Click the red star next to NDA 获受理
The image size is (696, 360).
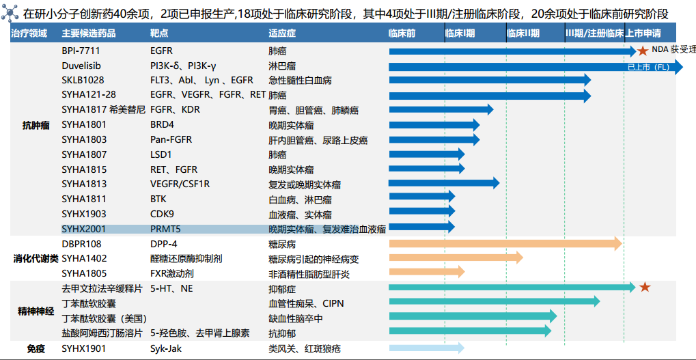tap(643, 51)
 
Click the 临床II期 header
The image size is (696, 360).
tap(523, 33)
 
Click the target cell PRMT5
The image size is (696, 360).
tap(165, 229)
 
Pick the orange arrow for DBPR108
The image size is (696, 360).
tap(505, 243)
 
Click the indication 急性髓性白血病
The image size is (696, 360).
tap(300, 80)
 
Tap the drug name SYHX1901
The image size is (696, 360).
tap(84, 348)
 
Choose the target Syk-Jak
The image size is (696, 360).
tap(167, 348)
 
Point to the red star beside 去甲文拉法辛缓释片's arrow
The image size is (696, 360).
tap(644, 287)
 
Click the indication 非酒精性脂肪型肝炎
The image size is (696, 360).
tap(309, 273)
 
